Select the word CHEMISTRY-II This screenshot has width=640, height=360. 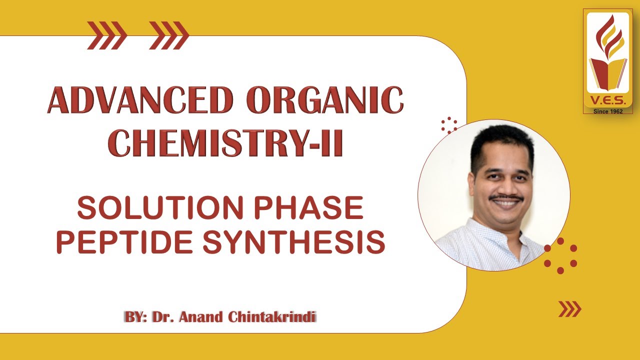click(x=225, y=143)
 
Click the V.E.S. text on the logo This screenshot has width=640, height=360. click(x=608, y=100)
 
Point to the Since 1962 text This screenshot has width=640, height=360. click(x=608, y=111)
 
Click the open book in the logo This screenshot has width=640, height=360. click(x=608, y=72)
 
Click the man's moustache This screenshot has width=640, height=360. click(x=505, y=198)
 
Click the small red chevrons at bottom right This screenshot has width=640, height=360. click(x=569, y=309)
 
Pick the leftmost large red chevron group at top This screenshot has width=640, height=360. click(x=106, y=35)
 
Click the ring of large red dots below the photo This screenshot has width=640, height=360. click(x=560, y=255)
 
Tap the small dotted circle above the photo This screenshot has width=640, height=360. click(x=449, y=125)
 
